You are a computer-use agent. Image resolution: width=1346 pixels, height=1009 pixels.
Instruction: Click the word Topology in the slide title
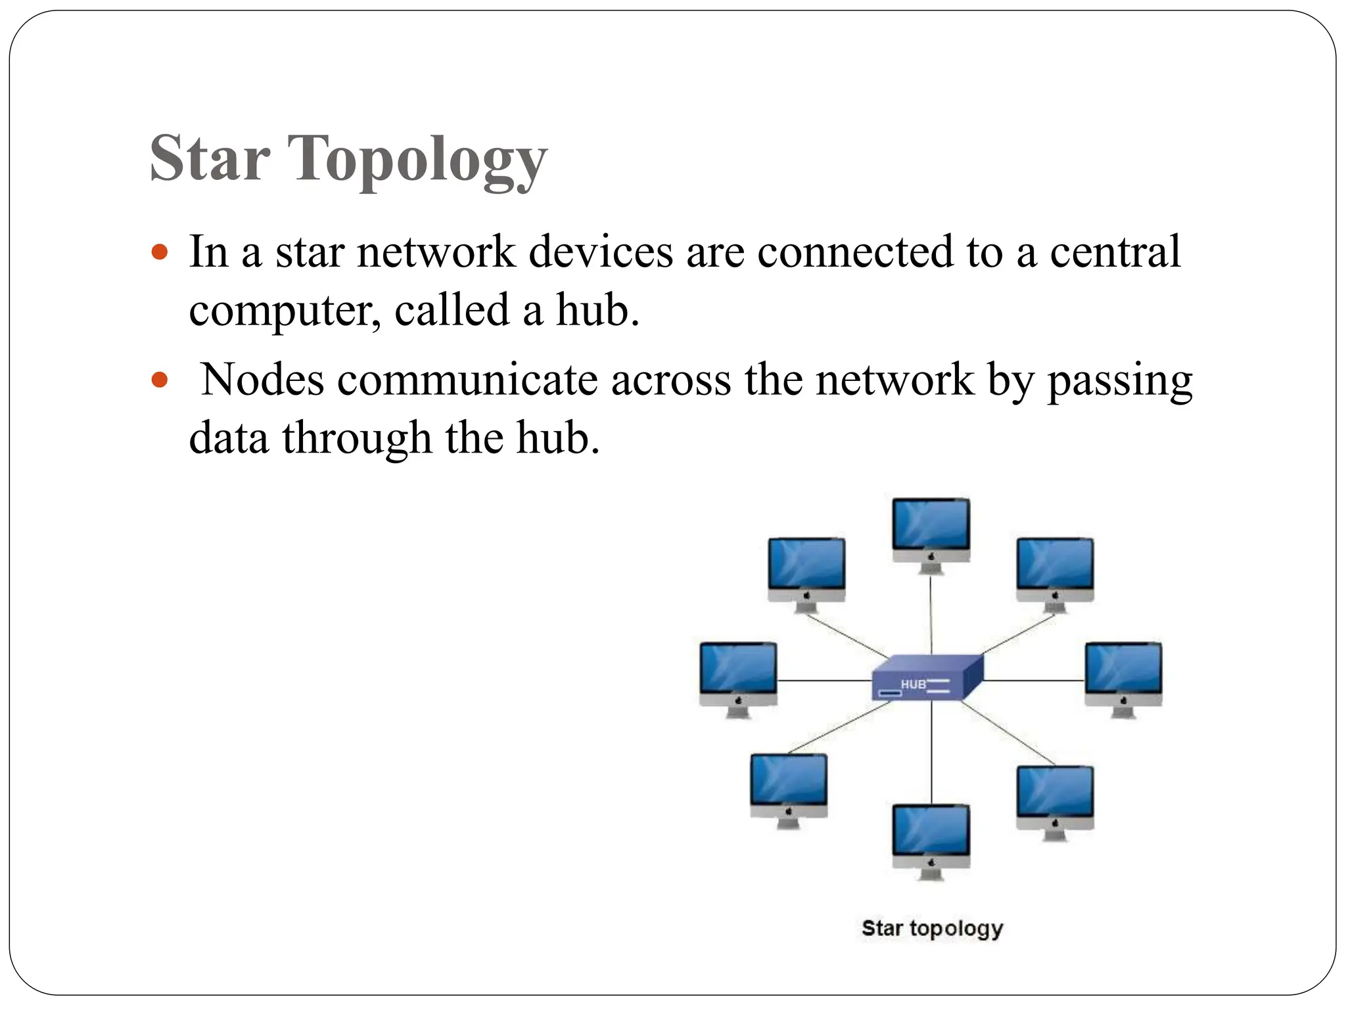(x=417, y=160)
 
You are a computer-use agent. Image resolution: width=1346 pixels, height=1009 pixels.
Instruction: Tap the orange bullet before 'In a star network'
(x=160, y=252)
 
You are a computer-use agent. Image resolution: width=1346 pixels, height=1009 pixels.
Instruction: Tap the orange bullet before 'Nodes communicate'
(x=160, y=380)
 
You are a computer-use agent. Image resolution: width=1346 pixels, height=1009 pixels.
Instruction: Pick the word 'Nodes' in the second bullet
(x=262, y=379)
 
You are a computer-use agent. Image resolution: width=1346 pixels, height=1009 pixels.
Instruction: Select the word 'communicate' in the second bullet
(x=467, y=380)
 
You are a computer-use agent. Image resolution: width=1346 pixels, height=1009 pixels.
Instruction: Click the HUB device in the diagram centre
(x=927, y=678)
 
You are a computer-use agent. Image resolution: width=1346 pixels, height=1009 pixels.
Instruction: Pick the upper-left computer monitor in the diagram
(x=806, y=572)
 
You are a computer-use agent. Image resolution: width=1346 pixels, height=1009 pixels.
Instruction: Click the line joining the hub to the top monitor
(x=931, y=614)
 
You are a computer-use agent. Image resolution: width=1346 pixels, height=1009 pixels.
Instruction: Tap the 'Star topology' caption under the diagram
(x=932, y=928)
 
